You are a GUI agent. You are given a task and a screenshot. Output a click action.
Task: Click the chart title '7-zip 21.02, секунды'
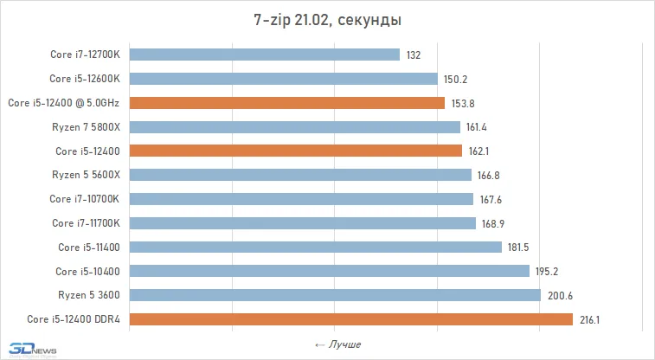(327, 18)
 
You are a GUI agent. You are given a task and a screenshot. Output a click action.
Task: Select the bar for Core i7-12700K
(265, 55)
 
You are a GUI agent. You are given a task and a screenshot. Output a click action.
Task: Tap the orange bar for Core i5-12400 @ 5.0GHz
(287, 103)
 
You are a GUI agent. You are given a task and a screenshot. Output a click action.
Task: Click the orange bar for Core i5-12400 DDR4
(351, 319)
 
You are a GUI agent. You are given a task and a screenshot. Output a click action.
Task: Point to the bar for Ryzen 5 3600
(335, 295)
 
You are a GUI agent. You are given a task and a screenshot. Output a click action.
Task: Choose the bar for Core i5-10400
(330, 271)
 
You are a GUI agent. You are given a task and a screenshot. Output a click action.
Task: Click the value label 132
(413, 55)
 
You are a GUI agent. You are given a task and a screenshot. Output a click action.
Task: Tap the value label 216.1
(588, 320)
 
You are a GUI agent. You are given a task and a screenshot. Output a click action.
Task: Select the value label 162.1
(479, 151)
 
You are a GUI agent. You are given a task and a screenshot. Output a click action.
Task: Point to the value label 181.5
(518, 247)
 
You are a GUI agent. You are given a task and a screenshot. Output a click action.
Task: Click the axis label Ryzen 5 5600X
(91, 175)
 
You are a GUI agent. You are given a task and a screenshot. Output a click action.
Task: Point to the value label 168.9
(492, 223)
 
